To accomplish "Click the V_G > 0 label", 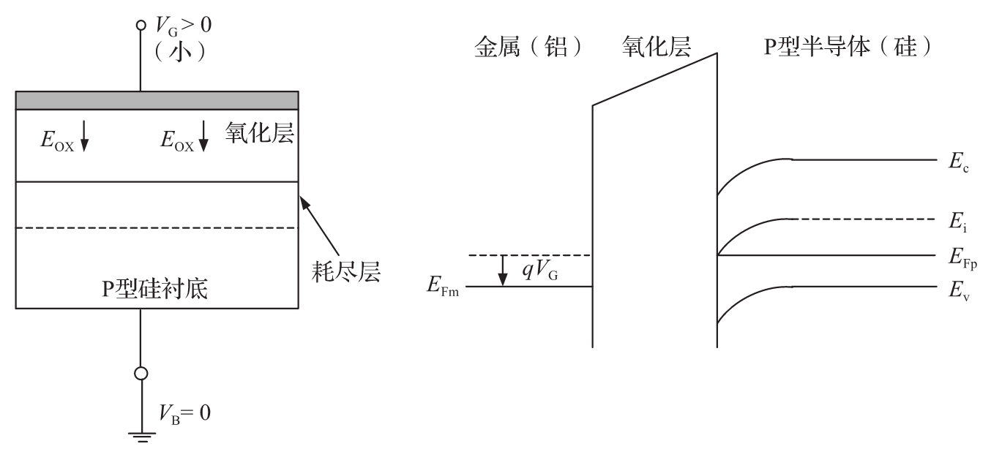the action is [183, 26].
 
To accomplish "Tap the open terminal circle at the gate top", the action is [141, 25].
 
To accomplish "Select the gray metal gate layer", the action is [157, 100].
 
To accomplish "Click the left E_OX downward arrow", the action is [84, 136].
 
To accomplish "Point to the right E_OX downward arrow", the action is [203, 136].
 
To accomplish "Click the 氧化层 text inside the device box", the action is [259, 132].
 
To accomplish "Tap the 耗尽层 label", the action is [346, 271].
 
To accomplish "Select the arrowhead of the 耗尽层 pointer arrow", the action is [304, 203].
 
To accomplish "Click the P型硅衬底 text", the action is [155, 289].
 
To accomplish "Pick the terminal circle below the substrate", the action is [141, 374].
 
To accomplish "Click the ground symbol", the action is [142, 437].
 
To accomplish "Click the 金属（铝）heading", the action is [528, 46].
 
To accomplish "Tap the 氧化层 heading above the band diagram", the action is [657, 46].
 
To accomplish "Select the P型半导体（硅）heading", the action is [848, 46].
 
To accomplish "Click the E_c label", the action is [958, 162].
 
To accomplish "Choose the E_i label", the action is [957, 222].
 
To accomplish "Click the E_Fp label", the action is [962, 258].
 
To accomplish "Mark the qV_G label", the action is [540, 269].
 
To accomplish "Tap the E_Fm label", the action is [442, 285].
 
